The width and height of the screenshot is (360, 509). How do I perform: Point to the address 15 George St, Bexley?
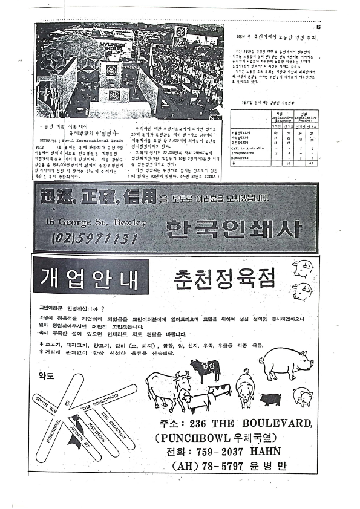(96, 222)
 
